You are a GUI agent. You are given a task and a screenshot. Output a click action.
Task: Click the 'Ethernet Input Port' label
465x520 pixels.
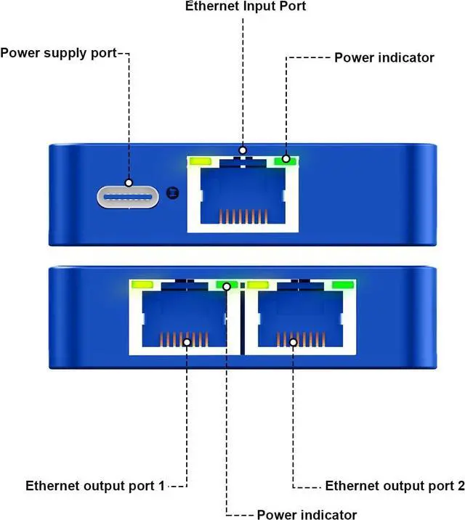246,7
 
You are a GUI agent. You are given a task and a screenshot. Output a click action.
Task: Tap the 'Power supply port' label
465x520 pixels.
58,53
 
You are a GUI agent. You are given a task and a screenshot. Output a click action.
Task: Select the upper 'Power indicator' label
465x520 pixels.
383,57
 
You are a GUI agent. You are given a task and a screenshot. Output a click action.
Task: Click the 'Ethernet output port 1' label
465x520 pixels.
95,485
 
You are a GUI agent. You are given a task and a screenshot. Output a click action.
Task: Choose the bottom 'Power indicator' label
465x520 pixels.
307,515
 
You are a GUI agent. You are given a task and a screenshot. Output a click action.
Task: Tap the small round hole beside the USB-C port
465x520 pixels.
172,192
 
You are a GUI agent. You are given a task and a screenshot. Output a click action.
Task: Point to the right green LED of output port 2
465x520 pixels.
341,285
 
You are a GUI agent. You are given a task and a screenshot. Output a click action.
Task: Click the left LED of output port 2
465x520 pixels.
259,285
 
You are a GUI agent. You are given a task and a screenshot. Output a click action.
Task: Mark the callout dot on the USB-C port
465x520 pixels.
129,183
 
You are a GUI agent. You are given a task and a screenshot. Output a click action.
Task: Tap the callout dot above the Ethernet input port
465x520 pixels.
243,148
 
